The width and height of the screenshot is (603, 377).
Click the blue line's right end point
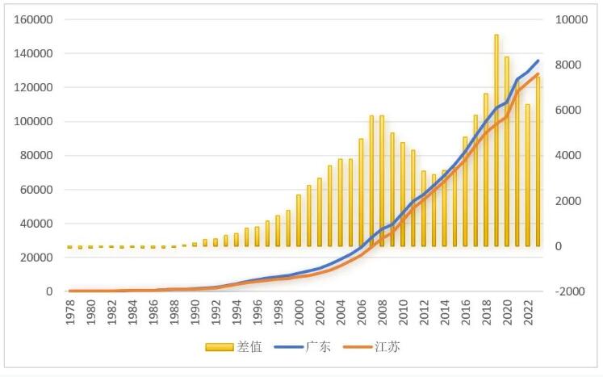(x=538, y=61)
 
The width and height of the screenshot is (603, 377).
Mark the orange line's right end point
(x=538, y=74)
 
